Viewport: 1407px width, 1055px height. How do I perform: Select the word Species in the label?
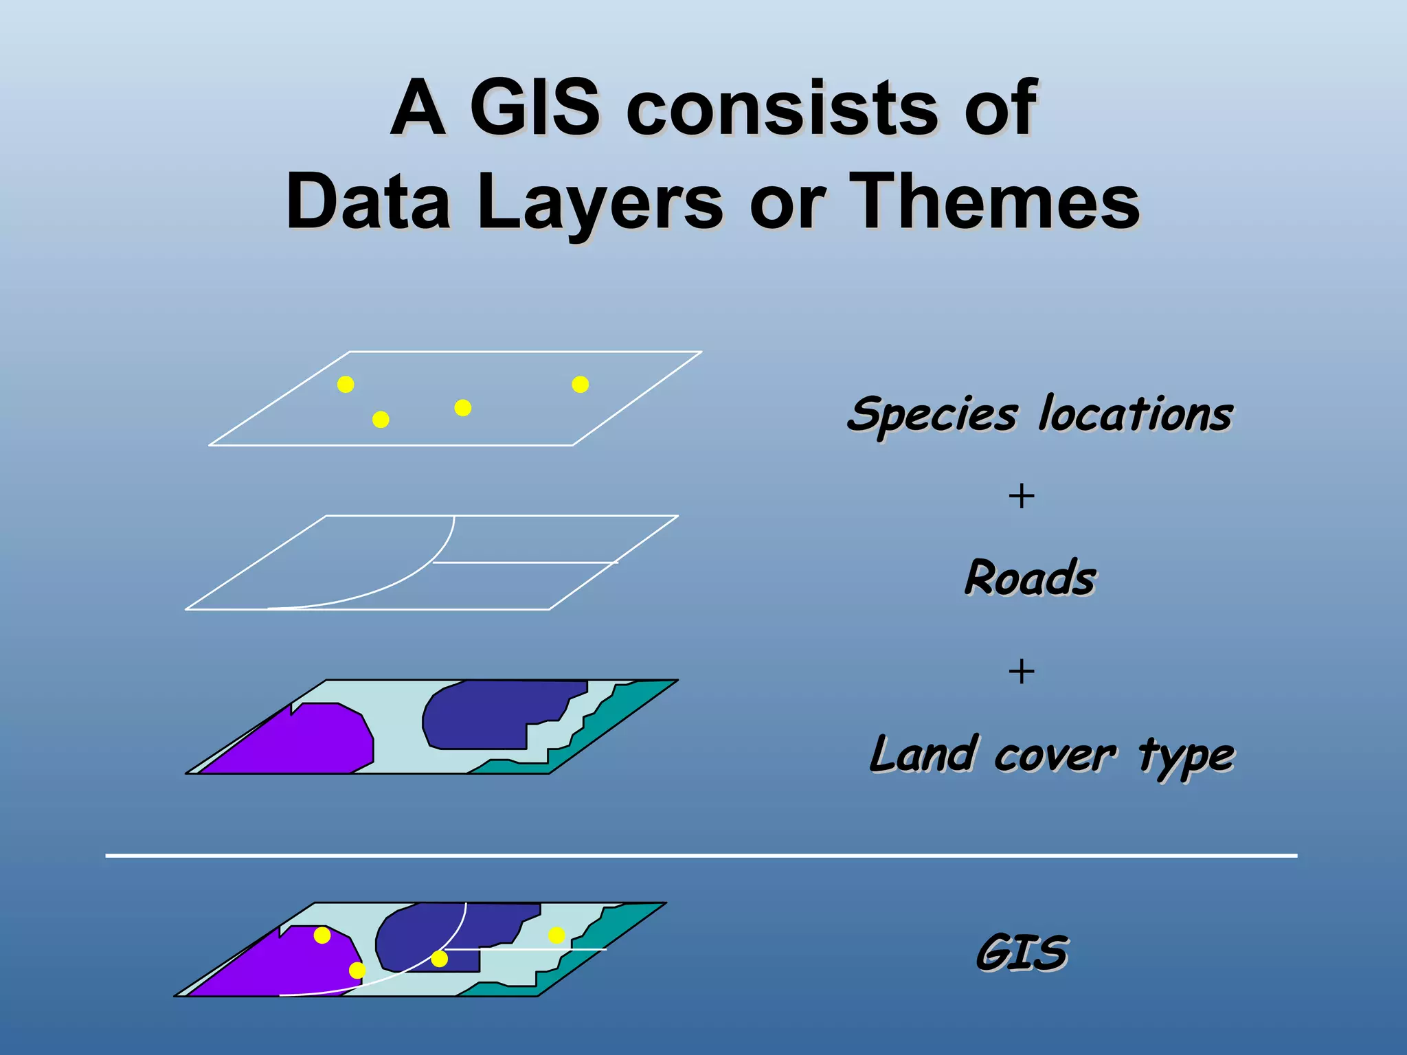(932, 415)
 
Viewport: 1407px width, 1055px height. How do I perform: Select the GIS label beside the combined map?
(1022, 953)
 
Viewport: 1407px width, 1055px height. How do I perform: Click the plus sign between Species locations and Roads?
(1022, 496)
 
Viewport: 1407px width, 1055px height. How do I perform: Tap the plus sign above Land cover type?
(1022, 671)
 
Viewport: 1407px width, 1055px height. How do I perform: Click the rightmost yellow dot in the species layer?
(581, 385)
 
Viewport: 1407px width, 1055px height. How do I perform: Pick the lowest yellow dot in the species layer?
(381, 420)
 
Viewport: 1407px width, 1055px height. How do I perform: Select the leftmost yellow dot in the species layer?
(346, 385)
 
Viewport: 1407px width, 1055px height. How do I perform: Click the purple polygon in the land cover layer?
(302, 742)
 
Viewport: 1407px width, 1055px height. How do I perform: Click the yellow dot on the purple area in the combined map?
(322, 935)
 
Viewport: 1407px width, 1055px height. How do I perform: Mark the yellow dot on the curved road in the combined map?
(440, 959)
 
